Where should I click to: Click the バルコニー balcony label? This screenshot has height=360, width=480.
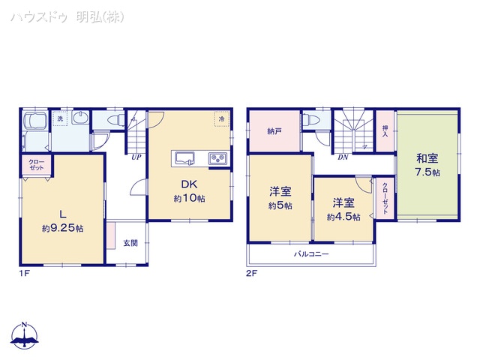point(311,254)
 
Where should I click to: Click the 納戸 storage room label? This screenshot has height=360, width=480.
point(274,131)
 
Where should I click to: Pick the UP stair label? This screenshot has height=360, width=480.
point(136,157)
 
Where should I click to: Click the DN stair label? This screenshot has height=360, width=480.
point(343,157)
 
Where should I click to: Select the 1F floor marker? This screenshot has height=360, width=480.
point(23,273)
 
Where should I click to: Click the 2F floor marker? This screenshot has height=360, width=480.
point(251,273)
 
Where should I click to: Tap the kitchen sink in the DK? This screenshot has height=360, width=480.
point(185,157)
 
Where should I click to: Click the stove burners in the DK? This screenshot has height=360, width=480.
point(217,158)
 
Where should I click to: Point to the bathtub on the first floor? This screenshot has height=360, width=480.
point(34,123)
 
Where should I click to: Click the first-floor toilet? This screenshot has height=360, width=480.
point(115,120)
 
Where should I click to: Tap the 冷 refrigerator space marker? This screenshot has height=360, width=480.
point(222,119)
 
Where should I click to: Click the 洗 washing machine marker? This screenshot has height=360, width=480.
point(61,118)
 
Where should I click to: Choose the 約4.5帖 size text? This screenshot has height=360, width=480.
point(343,217)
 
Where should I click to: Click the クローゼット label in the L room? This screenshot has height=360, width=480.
point(36,165)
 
